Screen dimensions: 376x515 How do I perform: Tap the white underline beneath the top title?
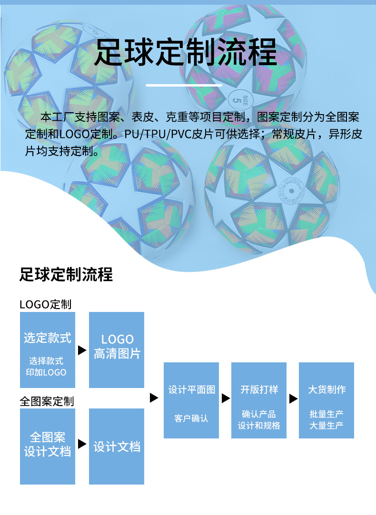184,85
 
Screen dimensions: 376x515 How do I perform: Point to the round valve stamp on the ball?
291,191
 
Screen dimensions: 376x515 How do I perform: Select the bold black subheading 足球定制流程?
66,274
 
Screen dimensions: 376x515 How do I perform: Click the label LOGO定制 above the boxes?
45,304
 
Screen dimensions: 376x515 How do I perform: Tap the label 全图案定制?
47,401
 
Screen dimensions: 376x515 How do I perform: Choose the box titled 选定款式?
48,350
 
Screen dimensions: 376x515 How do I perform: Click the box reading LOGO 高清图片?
117,350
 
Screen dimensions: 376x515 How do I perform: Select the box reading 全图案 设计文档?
48,447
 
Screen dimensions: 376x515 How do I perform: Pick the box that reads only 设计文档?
117,447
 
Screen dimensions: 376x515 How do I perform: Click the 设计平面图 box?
191,400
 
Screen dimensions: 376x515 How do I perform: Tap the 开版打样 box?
259,400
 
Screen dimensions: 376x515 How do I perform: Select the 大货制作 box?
327,400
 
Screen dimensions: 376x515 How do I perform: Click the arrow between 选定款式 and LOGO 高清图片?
82,350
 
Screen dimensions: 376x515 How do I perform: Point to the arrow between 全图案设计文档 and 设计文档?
82,444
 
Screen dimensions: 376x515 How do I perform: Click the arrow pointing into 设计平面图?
154,398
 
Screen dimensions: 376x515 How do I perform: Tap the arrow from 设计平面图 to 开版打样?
226,398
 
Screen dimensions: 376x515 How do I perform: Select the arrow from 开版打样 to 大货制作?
294,398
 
